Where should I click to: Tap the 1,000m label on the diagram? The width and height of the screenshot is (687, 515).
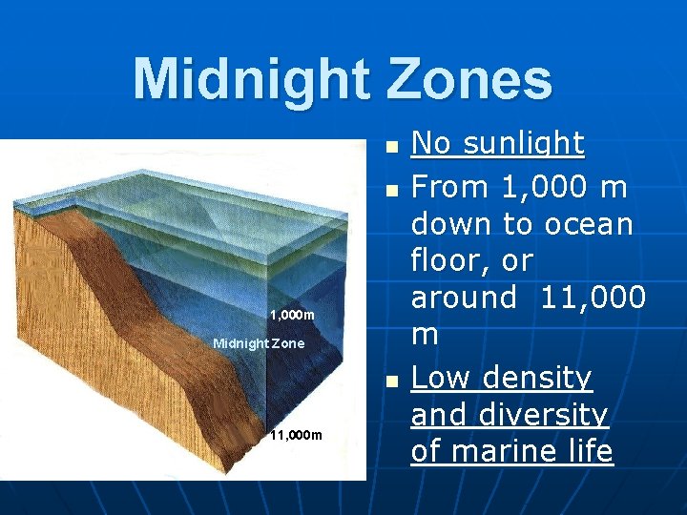291,315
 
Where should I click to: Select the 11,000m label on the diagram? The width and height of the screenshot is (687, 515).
296,435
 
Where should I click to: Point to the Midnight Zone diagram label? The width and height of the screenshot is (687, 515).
259,342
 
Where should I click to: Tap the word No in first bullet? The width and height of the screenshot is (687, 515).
429,144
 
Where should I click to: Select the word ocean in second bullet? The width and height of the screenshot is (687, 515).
589,224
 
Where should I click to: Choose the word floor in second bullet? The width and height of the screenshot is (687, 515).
446,260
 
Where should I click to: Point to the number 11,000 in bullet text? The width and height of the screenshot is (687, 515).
593,298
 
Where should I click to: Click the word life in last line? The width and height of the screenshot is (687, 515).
587,451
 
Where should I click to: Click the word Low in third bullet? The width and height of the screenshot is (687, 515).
440,379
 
